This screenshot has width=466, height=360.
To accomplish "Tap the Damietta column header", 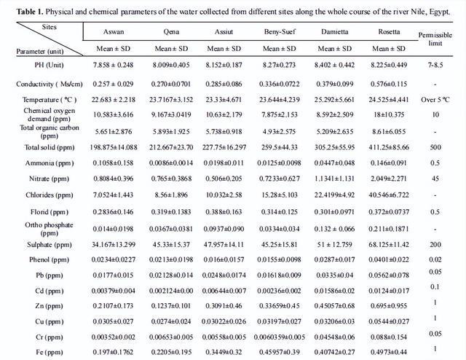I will (x=333, y=33).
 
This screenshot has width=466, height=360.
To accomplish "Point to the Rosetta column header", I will (x=390, y=33).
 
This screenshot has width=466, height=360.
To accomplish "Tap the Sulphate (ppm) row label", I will (x=42, y=244).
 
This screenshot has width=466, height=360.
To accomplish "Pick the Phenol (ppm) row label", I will (x=42, y=260).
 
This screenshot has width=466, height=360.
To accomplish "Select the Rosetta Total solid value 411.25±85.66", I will (x=390, y=146).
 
